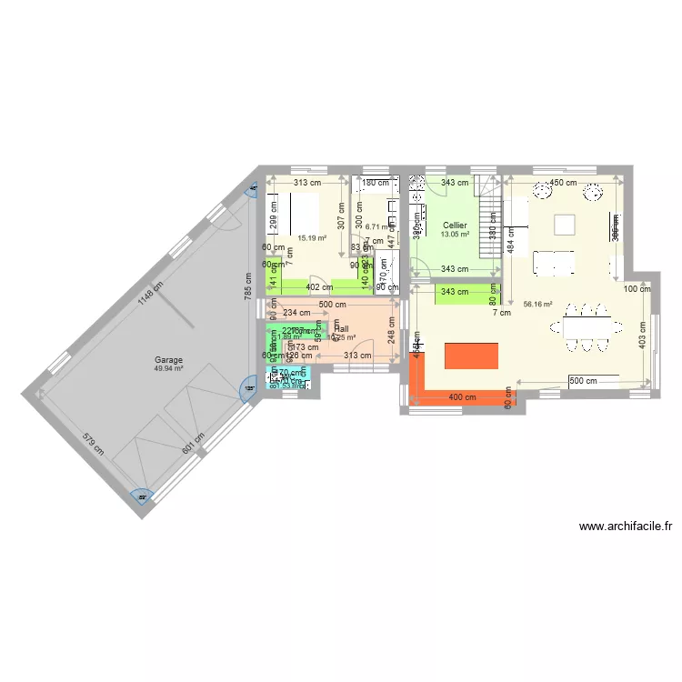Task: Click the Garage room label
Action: pyautogui.click(x=168, y=360)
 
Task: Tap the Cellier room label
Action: pyautogui.click(x=455, y=225)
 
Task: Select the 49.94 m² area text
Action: pyautogui.click(x=168, y=369)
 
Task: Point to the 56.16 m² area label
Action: pyautogui.click(x=538, y=306)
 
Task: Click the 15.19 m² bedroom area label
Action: pyautogui.click(x=311, y=238)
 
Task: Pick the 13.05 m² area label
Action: pyautogui.click(x=455, y=234)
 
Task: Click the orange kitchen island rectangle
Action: pyautogui.click(x=471, y=356)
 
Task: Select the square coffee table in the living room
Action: pyautogui.click(x=566, y=224)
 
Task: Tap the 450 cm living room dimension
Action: pyautogui.click(x=564, y=183)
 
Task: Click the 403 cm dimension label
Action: pyautogui.click(x=643, y=334)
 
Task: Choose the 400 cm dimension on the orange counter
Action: pyautogui.click(x=462, y=397)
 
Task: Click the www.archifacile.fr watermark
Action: pyautogui.click(x=625, y=526)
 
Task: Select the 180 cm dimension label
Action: pyautogui.click(x=375, y=183)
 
